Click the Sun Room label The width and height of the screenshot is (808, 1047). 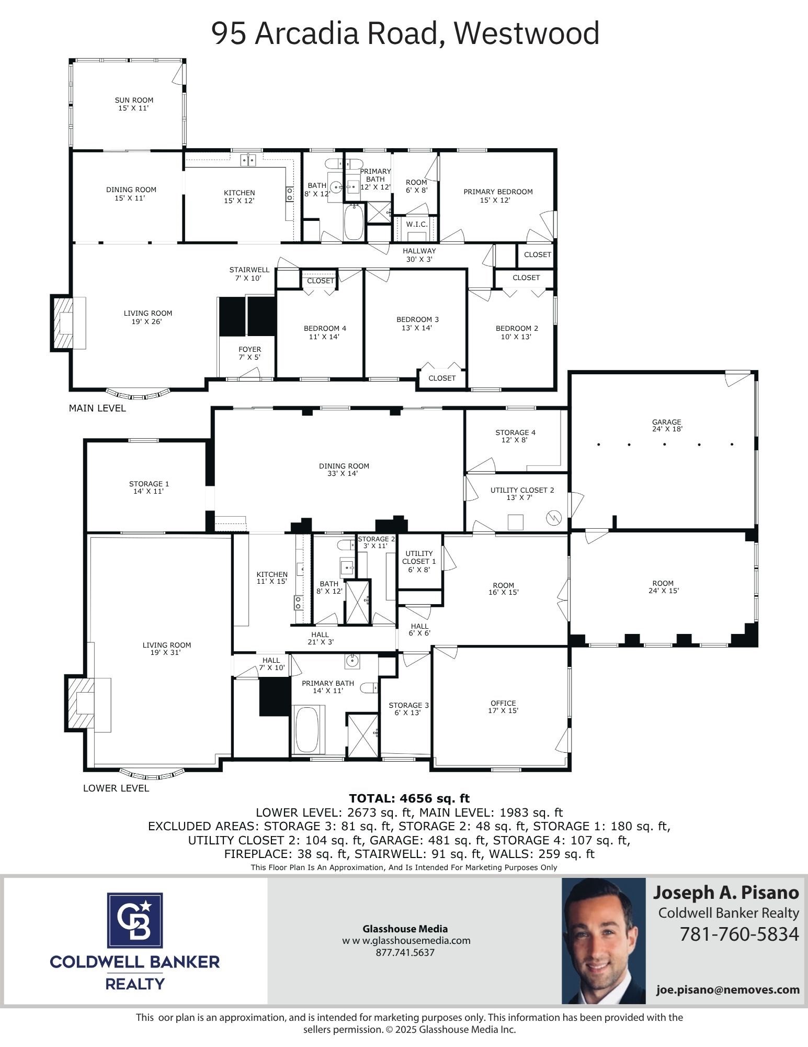point(134,104)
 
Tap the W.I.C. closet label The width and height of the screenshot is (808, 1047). point(417,224)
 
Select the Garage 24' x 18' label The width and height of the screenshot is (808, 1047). point(666,425)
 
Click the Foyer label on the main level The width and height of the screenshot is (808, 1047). point(249,353)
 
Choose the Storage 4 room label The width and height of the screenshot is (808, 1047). point(515,436)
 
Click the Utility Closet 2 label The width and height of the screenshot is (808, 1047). point(521,494)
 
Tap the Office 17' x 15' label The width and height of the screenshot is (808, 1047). point(503,707)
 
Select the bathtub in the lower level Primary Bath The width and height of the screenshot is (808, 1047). point(308,729)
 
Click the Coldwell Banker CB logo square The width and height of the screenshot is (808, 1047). point(135,920)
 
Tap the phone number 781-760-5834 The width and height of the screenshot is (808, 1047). point(739,934)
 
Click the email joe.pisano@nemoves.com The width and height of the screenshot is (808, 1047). point(728,989)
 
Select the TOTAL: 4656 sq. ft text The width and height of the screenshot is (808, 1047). point(409,798)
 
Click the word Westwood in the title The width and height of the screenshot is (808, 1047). point(526,34)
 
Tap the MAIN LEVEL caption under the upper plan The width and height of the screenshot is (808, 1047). point(97,408)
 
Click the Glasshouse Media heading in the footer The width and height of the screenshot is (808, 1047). point(405,929)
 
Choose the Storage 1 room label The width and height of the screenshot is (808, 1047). point(149,487)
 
